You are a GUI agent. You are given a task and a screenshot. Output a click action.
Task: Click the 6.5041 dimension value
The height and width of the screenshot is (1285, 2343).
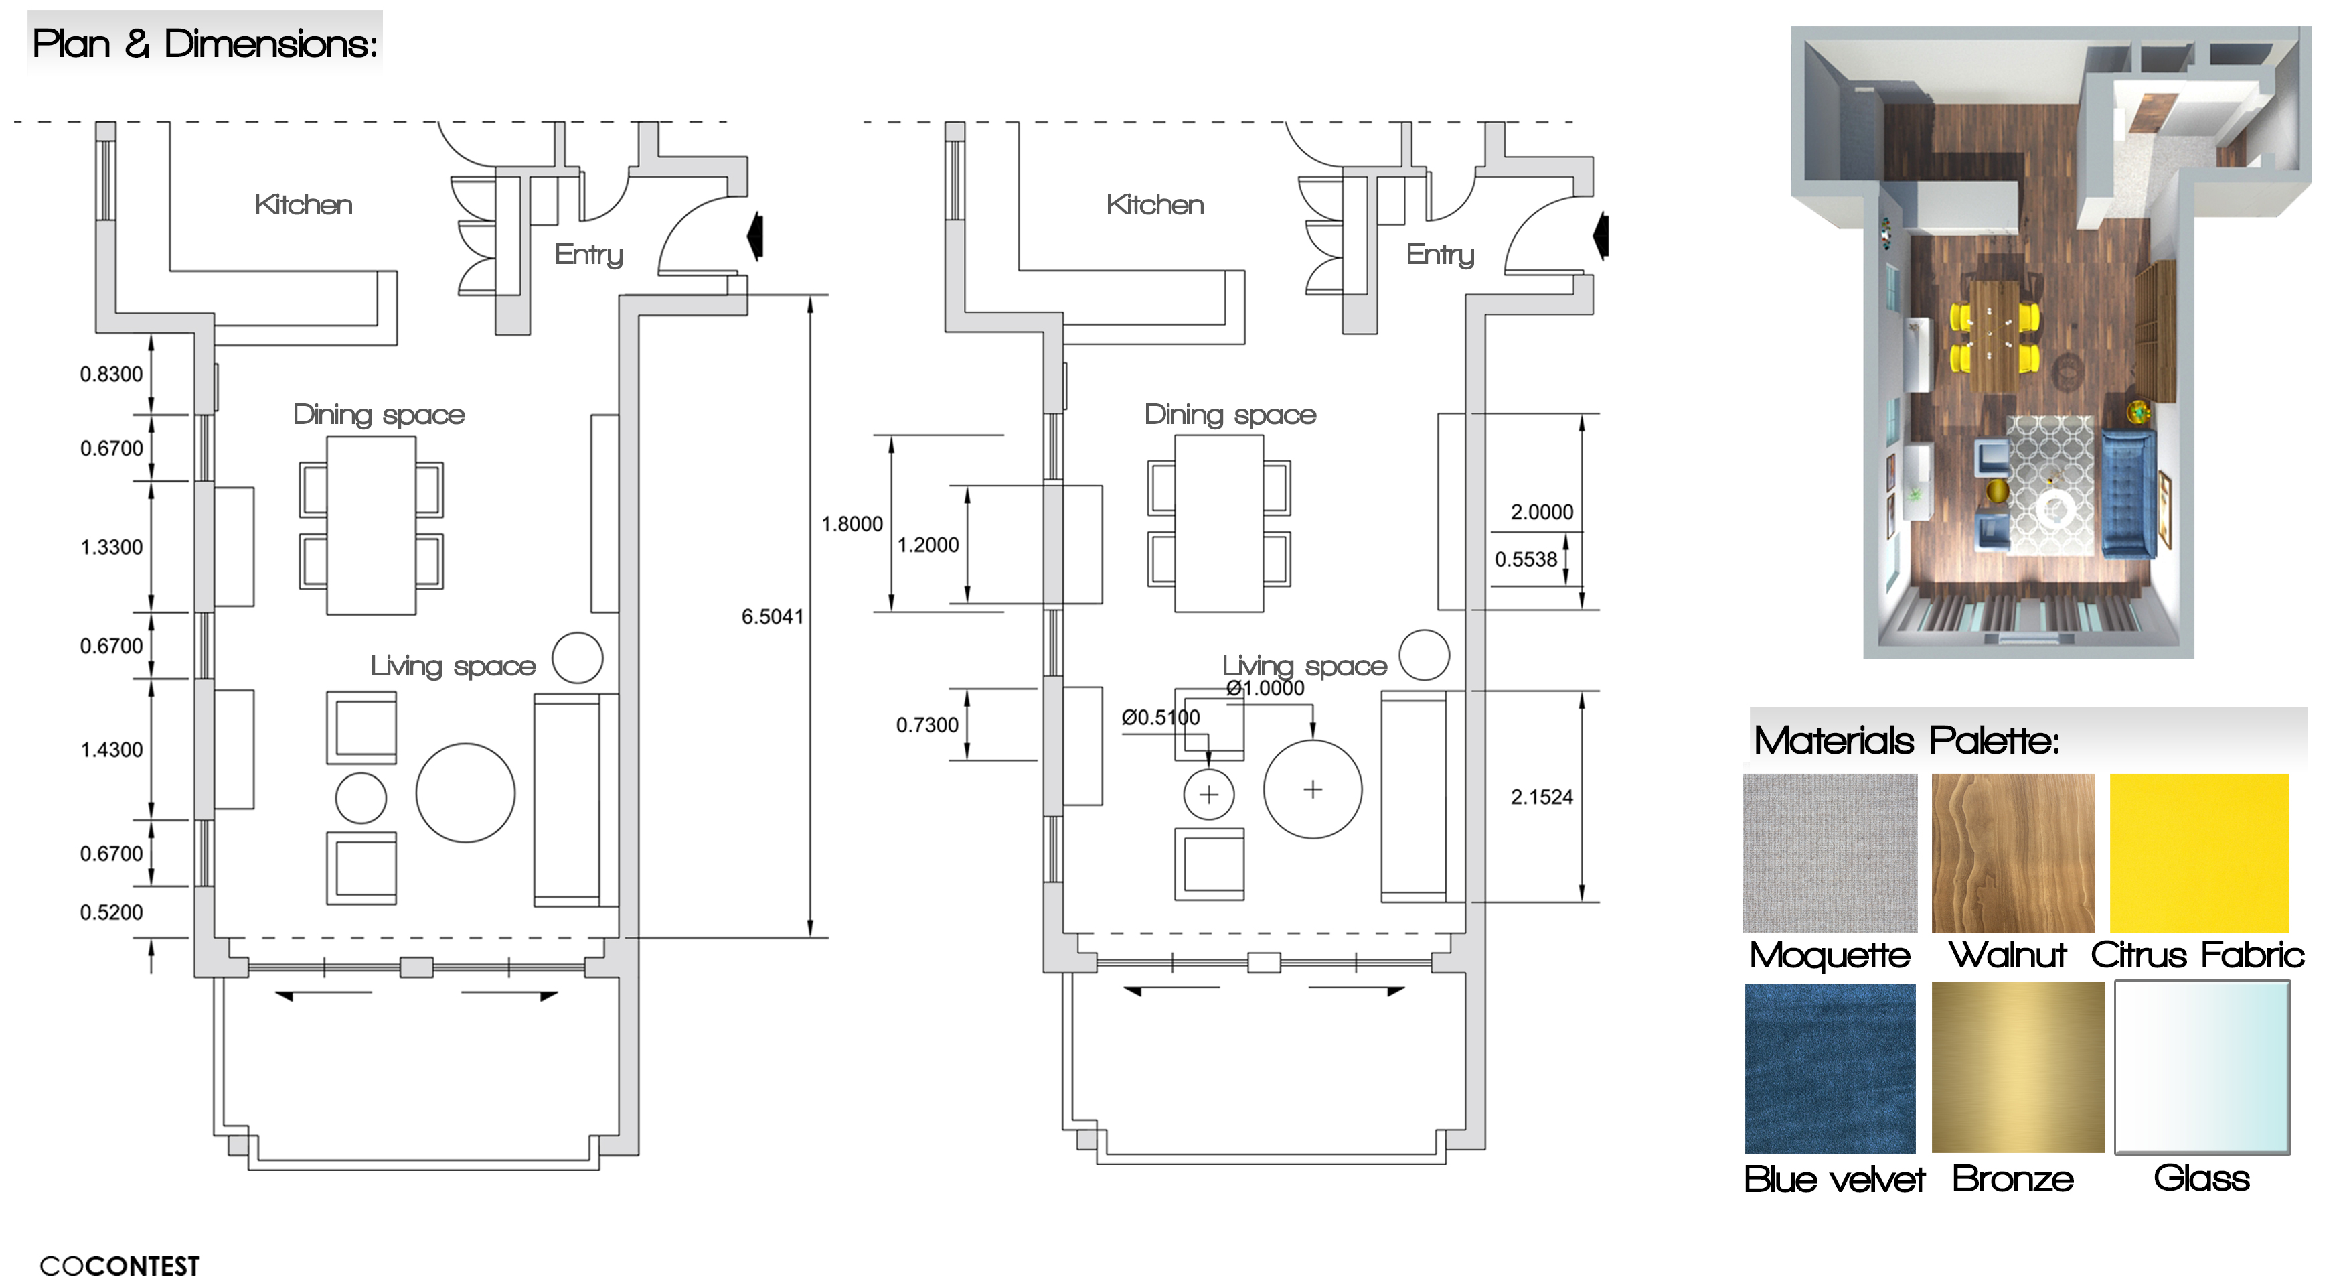[x=773, y=616]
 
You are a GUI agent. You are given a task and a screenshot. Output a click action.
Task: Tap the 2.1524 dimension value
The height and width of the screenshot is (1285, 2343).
[x=1541, y=797]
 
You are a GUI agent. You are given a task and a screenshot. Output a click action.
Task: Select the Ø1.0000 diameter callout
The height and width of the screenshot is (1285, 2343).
[x=1265, y=688]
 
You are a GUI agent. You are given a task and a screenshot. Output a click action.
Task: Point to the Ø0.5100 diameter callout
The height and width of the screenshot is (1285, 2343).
[x=1161, y=717]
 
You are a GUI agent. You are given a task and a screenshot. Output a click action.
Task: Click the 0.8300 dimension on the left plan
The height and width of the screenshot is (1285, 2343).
[x=111, y=374]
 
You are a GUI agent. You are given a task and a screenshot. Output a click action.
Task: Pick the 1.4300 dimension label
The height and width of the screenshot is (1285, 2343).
[x=111, y=750]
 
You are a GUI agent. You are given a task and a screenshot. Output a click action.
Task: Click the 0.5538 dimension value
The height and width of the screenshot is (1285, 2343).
[x=1526, y=559]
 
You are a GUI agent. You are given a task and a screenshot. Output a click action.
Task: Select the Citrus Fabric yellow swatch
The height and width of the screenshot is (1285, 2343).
[x=2198, y=853]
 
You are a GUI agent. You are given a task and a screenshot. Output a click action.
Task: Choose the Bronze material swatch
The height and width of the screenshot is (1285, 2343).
[x=2018, y=1067]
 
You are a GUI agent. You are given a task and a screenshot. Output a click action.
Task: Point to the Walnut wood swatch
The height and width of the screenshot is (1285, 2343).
[x=2013, y=853]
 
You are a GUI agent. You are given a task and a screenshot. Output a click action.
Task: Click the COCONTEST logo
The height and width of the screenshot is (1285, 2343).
[x=119, y=1266]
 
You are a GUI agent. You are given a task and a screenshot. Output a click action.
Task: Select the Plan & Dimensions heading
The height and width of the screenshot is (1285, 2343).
[x=205, y=44]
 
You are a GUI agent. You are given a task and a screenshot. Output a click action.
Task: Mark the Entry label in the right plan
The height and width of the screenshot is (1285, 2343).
[x=1440, y=254]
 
